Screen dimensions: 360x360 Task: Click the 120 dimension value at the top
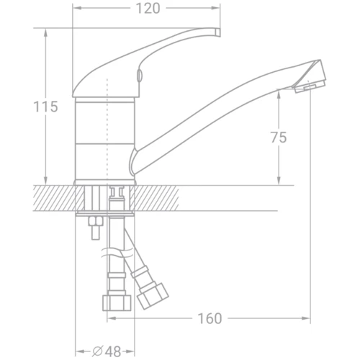[147, 9]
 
